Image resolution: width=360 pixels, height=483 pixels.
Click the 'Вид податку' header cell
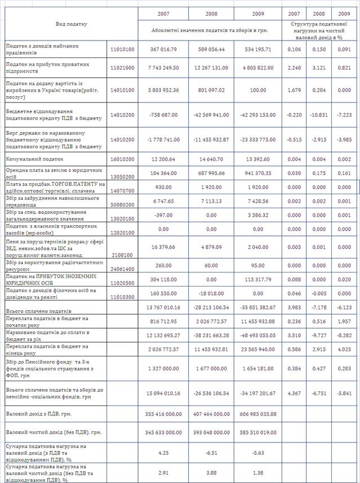(x=72, y=24)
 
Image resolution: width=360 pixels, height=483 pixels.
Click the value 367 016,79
(x=163, y=50)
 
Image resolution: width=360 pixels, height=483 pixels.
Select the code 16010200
(x=122, y=160)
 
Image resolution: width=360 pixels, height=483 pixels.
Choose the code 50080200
(x=122, y=201)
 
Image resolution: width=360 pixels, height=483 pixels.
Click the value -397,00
(x=163, y=215)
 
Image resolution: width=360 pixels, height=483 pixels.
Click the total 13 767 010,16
(x=163, y=306)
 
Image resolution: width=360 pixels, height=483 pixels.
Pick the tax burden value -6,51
(x=211, y=451)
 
